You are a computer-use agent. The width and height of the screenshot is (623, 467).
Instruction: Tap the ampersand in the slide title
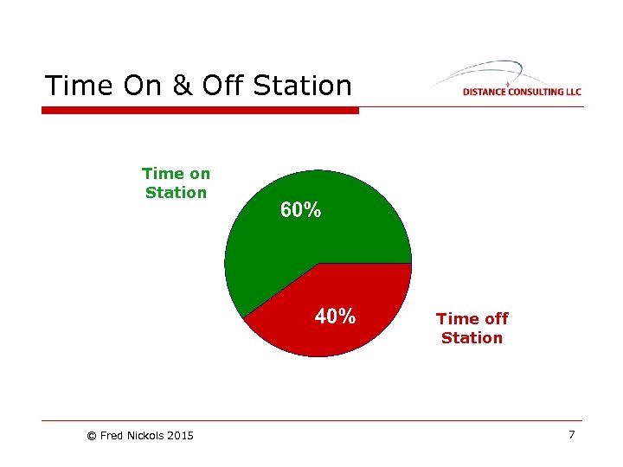pyautogui.click(x=180, y=86)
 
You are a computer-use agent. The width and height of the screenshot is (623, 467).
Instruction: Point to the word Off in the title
pyautogui.click(x=221, y=86)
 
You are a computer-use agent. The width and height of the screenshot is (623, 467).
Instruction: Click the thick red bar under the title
pyautogui.click(x=200, y=111)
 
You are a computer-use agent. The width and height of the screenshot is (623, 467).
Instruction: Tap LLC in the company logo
pyautogui.click(x=572, y=92)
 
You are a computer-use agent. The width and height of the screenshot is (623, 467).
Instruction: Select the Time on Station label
pyautogui.click(x=176, y=182)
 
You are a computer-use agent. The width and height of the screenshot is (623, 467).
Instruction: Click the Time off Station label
pyautogui.click(x=472, y=328)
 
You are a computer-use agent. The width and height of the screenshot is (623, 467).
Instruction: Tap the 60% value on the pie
pyautogui.click(x=300, y=210)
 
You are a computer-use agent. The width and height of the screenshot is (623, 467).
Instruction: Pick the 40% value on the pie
pyautogui.click(x=335, y=317)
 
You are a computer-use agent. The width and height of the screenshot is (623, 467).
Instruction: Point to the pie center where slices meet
pyautogui.click(x=318, y=263)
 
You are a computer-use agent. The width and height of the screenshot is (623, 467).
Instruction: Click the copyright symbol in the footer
pyautogui.click(x=92, y=436)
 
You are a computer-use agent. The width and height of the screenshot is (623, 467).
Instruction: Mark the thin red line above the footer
pyautogui.click(x=311, y=421)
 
